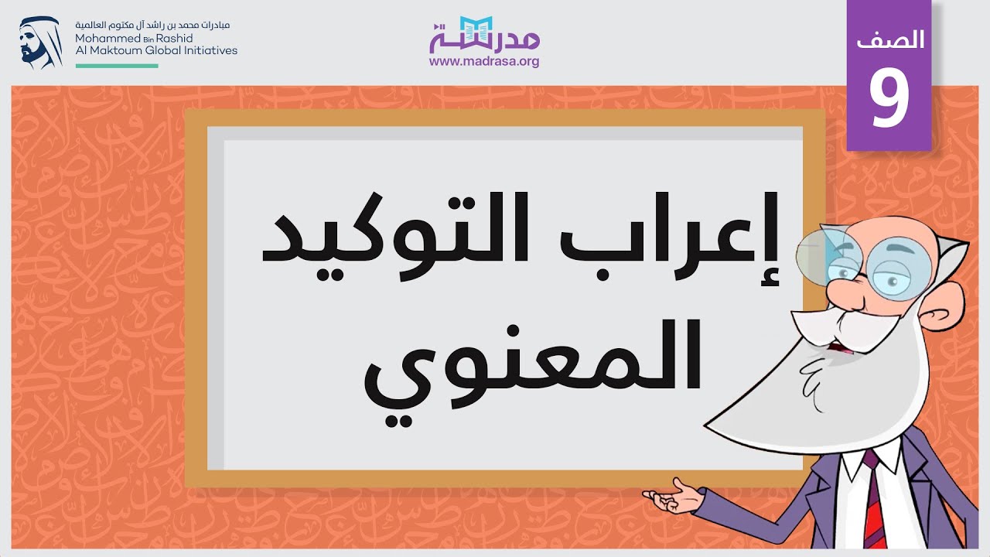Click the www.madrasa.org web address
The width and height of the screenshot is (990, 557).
[x=484, y=61]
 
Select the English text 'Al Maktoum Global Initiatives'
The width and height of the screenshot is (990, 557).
[x=156, y=50]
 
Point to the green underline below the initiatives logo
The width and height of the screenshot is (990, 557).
[x=117, y=67]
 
